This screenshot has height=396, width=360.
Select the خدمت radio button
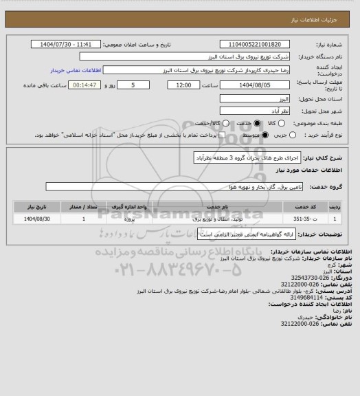coord(238,122)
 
